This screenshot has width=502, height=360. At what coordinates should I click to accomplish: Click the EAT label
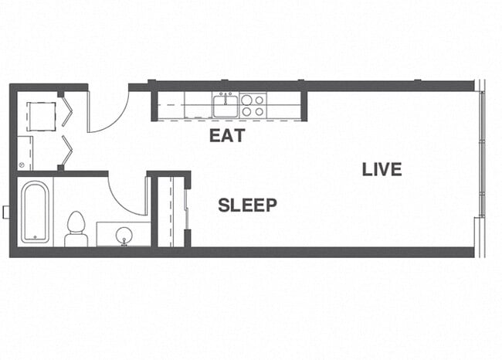(x=227, y=136)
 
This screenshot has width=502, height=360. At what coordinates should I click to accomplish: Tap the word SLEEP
(x=247, y=205)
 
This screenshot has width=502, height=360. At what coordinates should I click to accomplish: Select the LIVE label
(x=382, y=169)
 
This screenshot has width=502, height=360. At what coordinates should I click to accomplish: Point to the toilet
(x=76, y=228)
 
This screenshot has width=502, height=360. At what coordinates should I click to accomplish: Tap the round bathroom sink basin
(x=124, y=235)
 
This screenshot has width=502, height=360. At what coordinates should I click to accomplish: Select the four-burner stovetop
(x=253, y=105)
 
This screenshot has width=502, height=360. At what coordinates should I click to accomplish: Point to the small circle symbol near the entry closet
(x=22, y=164)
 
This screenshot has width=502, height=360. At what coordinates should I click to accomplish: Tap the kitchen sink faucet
(x=226, y=97)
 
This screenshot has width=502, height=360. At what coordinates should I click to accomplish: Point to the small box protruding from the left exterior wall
(x=6, y=211)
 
